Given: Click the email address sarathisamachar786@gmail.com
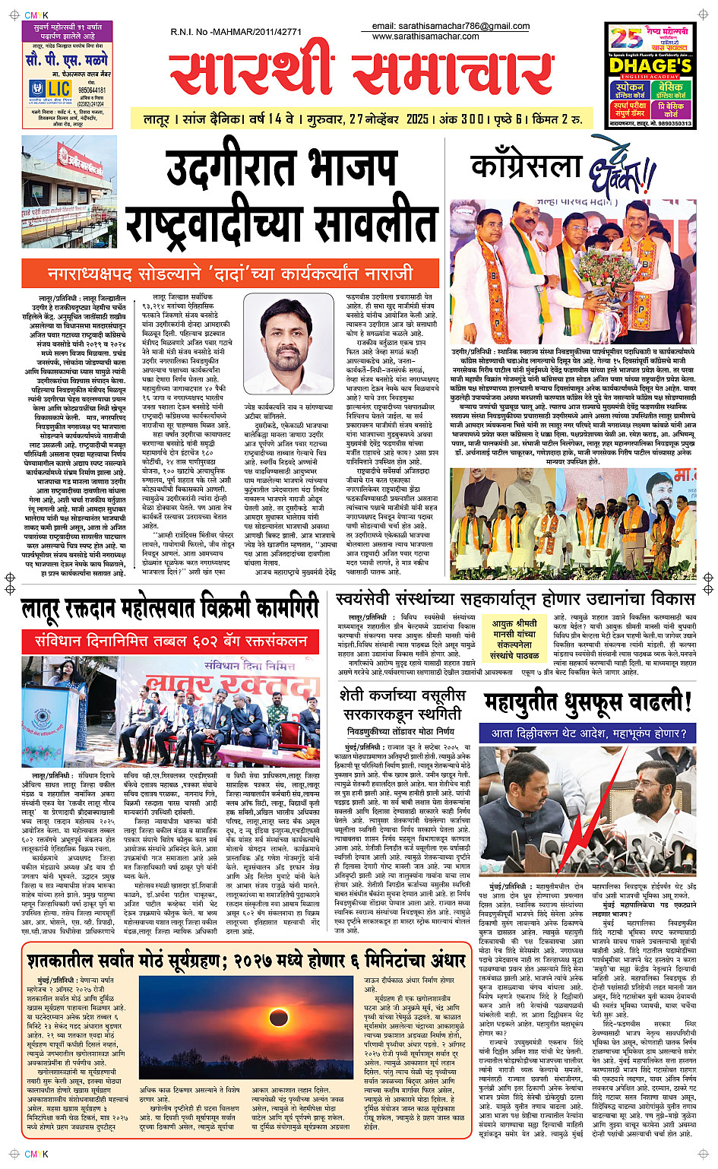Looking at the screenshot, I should [x=451, y=26].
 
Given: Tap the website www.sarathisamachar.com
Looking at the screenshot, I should [x=425, y=36].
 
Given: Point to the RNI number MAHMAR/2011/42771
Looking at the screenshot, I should [x=236, y=32].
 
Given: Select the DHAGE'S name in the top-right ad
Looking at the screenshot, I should [x=650, y=66].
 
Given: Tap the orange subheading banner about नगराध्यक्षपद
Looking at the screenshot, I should [x=230, y=273].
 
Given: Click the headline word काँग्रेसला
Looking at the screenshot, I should [x=526, y=166].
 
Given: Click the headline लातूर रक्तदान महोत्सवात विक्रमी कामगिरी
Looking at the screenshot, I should [x=169, y=609].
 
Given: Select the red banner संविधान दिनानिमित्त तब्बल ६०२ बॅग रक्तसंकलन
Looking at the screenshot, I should [x=171, y=641].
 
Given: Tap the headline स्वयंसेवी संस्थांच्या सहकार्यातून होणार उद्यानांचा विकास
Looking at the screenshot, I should [x=515, y=599].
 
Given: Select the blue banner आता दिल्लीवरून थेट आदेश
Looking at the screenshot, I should [x=589, y=733].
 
